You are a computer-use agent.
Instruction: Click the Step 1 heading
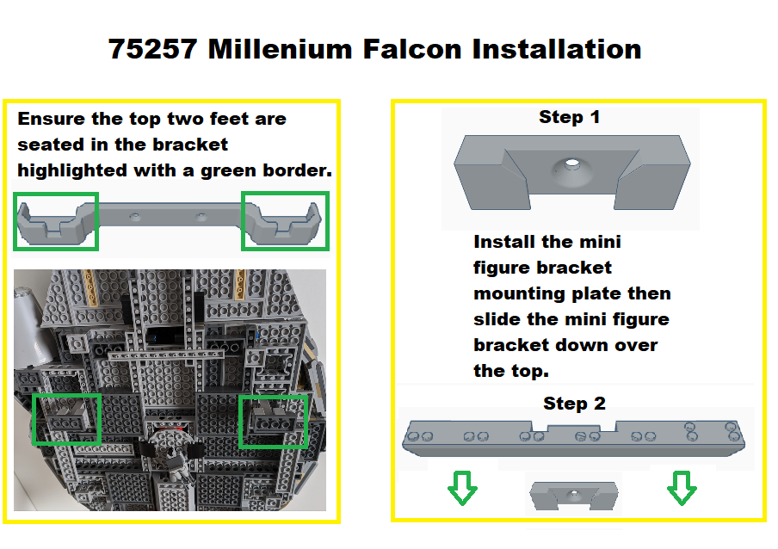[569, 118]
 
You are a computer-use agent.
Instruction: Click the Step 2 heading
[574, 404]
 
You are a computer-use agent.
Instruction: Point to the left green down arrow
[462, 490]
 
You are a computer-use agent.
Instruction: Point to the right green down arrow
[682, 490]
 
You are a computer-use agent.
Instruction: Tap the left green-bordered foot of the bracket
[57, 221]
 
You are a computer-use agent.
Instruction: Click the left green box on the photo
[66, 419]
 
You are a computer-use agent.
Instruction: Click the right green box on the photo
[272, 422]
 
